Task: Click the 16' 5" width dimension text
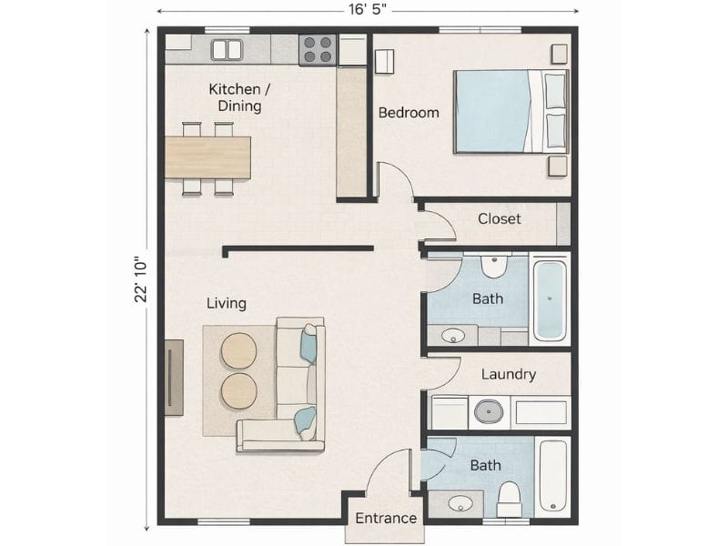click(x=369, y=10)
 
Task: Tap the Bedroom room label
click(x=409, y=113)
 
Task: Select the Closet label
click(x=500, y=218)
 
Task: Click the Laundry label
click(x=508, y=374)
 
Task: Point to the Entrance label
click(x=385, y=519)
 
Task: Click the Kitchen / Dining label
click(x=239, y=97)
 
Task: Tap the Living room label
click(x=226, y=303)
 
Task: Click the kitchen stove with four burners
click(x=318, y=49)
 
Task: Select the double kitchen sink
click(x=227, y=49)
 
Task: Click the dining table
click(x=207, y=157)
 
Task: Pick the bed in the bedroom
click(x=510, y=111)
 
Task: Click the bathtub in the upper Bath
click(x=550, y=299)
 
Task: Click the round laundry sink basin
click(x=489, y=411)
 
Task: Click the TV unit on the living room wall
click(x=173, y=377)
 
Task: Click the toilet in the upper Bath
click(x=492, y=267)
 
